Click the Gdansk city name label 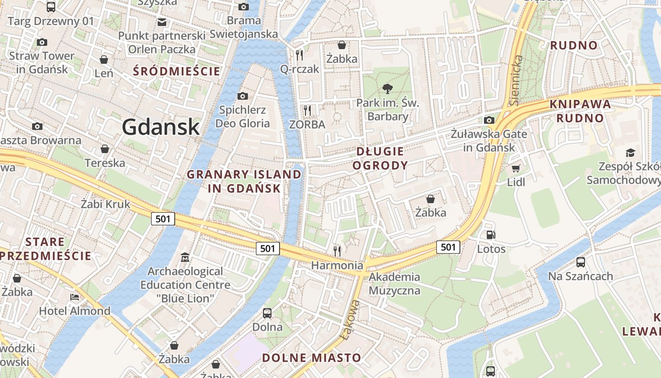pos(161,127)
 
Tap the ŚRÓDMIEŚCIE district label pos(177,71)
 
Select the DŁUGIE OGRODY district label pos(380,158)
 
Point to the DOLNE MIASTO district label pos(312,358)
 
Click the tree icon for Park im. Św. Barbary pos(388,88)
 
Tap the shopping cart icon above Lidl pos(516,168)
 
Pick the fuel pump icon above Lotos pos(491,235)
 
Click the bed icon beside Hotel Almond pos(75,297)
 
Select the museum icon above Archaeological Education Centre pos(185,258)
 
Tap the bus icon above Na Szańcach pos(581,262)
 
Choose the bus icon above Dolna pos(267,313)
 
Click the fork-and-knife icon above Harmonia pos(337,250)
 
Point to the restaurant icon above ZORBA pos(307,111)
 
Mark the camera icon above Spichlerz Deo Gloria pos(243,96)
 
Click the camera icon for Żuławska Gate pos(489,120)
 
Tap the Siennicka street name pos(517,80)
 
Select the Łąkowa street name pos(349,319)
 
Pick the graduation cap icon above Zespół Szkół pos(630,152)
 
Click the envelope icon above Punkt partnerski pos(162,22)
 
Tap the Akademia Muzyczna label pos(394,283)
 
